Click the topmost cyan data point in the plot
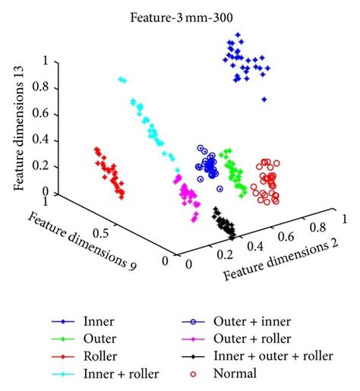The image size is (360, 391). click(122, 79)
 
